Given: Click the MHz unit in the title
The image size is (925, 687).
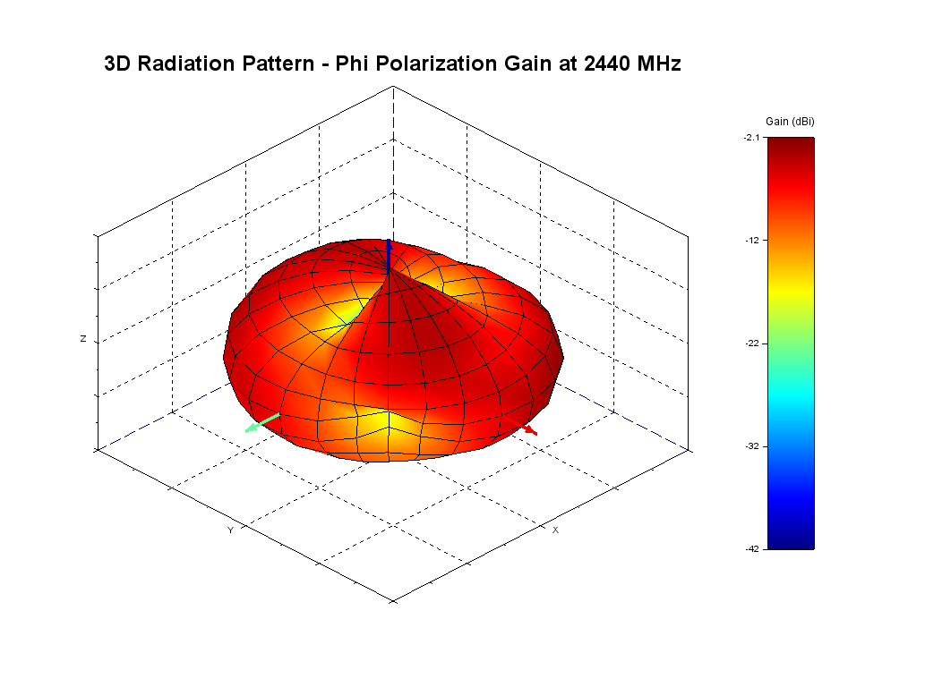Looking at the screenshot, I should coord(656,64).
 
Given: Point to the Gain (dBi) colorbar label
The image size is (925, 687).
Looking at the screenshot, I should coord(790,121).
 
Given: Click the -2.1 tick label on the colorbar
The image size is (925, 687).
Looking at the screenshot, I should coord(750,138).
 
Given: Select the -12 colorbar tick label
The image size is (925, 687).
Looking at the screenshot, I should coord(752,240).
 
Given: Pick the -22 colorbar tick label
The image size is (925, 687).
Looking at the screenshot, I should coord(752,343).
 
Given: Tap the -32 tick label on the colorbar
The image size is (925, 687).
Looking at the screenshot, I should coord(752,445).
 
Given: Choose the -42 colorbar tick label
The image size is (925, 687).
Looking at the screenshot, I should coord(752,548).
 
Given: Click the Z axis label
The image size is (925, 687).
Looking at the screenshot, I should coord(83,339).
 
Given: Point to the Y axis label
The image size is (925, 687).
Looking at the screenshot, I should coord(230,530).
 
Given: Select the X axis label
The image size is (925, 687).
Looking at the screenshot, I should coord(555,530).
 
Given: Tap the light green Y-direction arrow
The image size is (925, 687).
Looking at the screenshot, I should coord(261,423).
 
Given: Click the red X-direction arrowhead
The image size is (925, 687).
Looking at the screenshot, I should coord(531,431).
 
